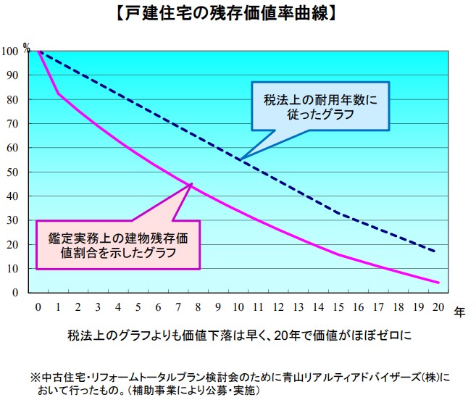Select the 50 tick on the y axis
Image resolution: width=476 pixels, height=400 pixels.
(12, 172)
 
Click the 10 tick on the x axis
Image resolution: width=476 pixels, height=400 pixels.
(241, 308)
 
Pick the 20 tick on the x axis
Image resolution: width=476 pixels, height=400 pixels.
(438, 308)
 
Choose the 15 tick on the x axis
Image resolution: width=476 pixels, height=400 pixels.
(340, 308)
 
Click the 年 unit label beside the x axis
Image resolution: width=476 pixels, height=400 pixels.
(460, 311)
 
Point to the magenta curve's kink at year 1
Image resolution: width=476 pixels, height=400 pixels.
(59, 93)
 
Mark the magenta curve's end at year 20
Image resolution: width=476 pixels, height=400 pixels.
(438, 283)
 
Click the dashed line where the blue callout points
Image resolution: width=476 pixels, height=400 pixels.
(241, 159)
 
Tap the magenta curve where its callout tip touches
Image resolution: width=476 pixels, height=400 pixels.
(191, 185)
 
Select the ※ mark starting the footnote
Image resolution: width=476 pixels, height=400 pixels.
(34, 378)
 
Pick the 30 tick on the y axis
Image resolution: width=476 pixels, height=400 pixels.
(12, 220)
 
